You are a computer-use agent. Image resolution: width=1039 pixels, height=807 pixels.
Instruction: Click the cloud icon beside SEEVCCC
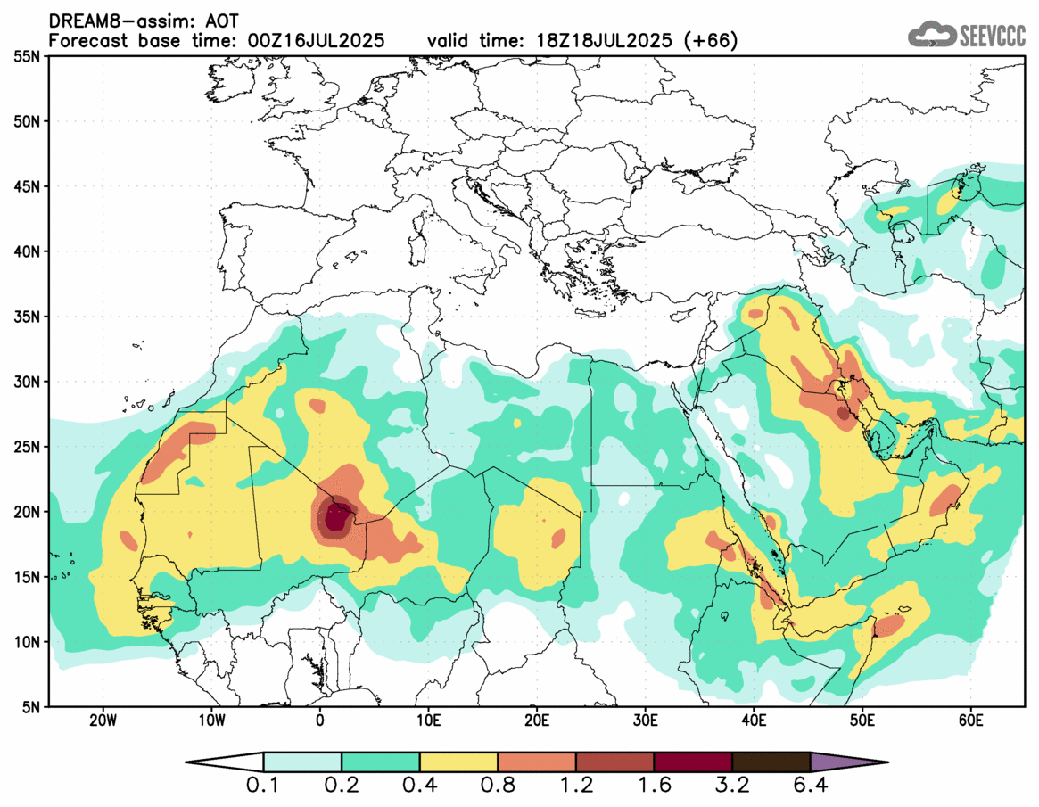point(931,34)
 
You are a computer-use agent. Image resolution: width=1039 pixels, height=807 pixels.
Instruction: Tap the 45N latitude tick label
point(29,186)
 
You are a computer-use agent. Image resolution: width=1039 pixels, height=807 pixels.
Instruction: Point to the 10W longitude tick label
point(211,721)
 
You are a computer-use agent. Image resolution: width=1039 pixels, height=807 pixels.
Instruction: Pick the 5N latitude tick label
point(32,707)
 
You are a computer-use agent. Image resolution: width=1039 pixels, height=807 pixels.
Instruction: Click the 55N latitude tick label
point(29,56)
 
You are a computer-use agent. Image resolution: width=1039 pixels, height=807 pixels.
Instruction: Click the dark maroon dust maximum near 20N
point(336,518)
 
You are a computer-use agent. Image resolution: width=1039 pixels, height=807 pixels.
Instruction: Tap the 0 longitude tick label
point(320,721)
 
